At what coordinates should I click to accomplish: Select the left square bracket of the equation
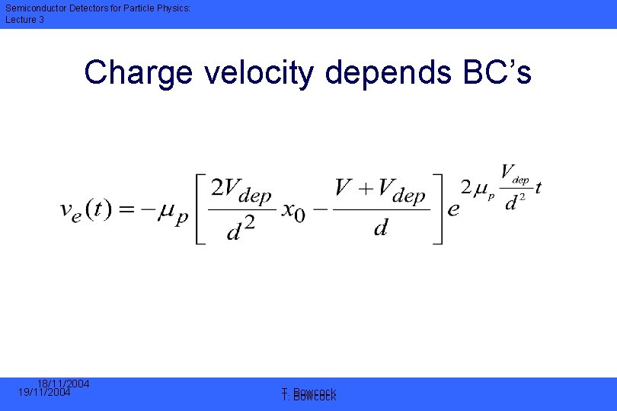pyautogui.click(x=200, y=209)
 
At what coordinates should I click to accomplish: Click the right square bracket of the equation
pyautogui.click(x=437, y=209)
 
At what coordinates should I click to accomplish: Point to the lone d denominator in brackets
pyautogui.click(x=380, y=228)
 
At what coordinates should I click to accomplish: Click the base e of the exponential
pyautogui.click(x=453, y=210)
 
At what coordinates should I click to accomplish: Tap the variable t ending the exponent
pyautogui.click(x=538, y=189)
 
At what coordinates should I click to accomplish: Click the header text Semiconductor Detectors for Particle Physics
pyautogui.click(x=87, y=8)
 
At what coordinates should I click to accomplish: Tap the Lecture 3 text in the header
pyautogui.click(x=25, y=20)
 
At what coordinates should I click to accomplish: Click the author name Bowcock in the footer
pyautogui.click(x=314, y=394)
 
